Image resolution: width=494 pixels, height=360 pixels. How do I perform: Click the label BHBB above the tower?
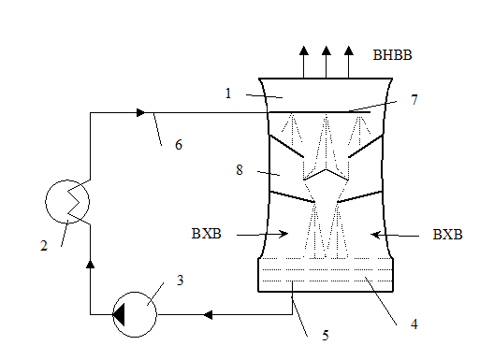point(392,55)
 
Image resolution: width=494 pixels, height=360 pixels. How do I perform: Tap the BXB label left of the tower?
point(207,234)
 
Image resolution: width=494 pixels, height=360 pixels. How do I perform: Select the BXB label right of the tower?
point(447,235)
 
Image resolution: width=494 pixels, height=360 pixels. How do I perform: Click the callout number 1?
point(228,94)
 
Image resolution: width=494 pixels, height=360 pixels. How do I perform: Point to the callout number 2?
point(44,246)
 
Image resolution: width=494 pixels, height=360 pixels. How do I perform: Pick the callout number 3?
point(180,280)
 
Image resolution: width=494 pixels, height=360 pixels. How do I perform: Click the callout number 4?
point(414,324)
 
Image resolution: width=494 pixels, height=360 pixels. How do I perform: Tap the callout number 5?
point(326,336)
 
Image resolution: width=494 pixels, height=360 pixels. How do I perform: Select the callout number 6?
point(179,145)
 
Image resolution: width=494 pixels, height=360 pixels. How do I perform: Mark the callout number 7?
point(414,100)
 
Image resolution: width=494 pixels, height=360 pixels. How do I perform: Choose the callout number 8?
point(240,170)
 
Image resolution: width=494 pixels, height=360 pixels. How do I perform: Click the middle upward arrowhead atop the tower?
point(327,50)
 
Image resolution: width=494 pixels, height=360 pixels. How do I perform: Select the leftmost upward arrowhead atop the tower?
point(304,50)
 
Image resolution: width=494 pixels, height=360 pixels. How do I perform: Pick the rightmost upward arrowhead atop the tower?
point(349,50)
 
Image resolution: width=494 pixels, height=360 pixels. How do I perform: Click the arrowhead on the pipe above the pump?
point(91,264)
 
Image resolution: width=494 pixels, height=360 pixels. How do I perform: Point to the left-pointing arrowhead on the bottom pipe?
point(208,314)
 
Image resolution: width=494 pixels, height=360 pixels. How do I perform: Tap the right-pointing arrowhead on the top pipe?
point(141,112)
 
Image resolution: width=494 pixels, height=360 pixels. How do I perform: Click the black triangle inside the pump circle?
point(119,314)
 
